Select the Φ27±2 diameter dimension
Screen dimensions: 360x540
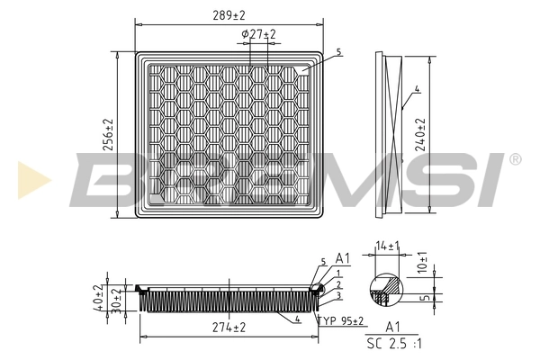258,34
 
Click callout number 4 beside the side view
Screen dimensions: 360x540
418,89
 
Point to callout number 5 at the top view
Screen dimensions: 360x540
339,53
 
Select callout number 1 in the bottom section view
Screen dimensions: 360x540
337,272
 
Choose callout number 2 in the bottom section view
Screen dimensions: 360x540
337,283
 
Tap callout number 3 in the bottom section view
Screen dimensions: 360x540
337,295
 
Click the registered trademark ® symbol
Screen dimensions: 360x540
515,158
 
